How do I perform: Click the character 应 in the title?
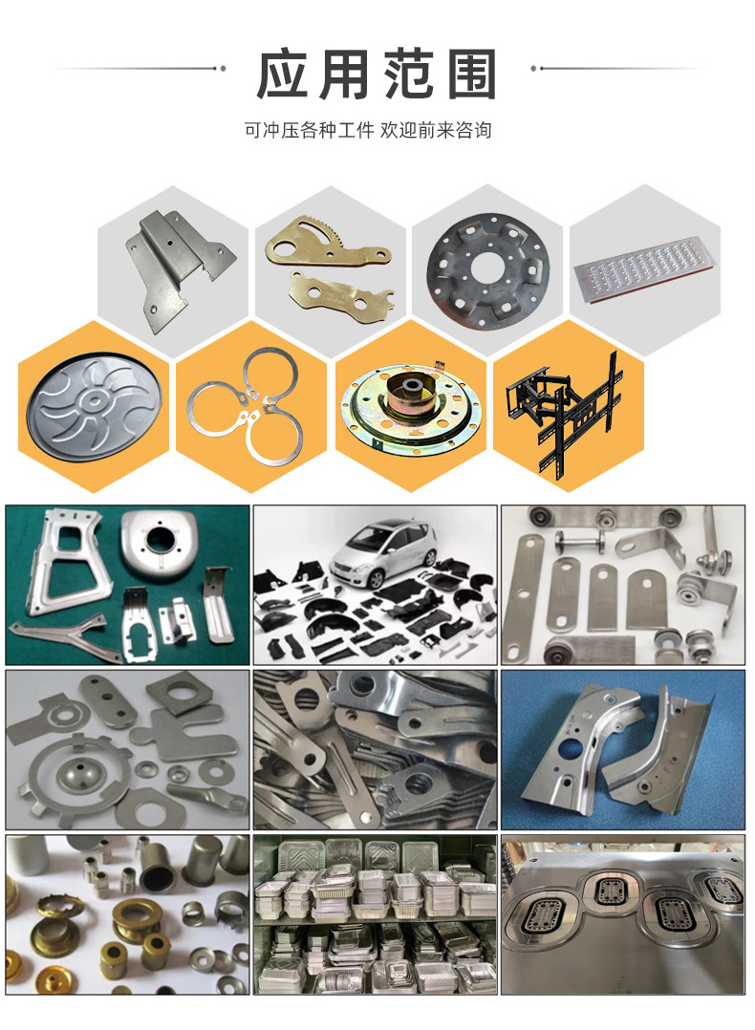[282, 75]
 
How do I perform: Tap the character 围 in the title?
[472, 75]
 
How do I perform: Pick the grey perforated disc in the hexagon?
[487, 270]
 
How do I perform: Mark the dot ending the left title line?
[223, 69]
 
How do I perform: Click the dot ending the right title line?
[533, 69]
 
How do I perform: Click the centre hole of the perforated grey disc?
[487, 266]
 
